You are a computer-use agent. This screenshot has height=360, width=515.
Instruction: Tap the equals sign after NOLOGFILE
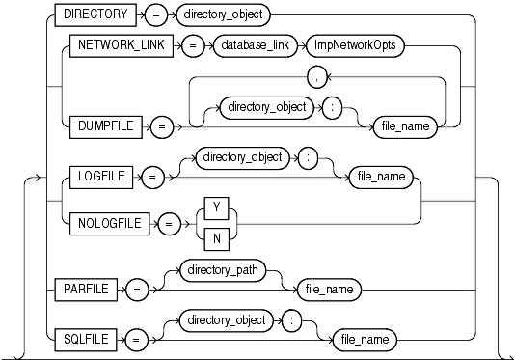pos(169,224)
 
